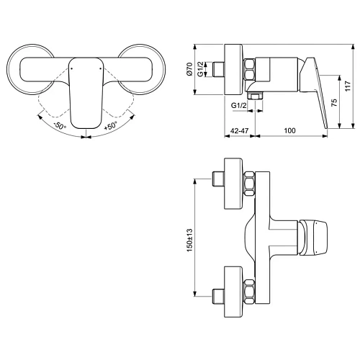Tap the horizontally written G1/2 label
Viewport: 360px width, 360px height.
point(240,106)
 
